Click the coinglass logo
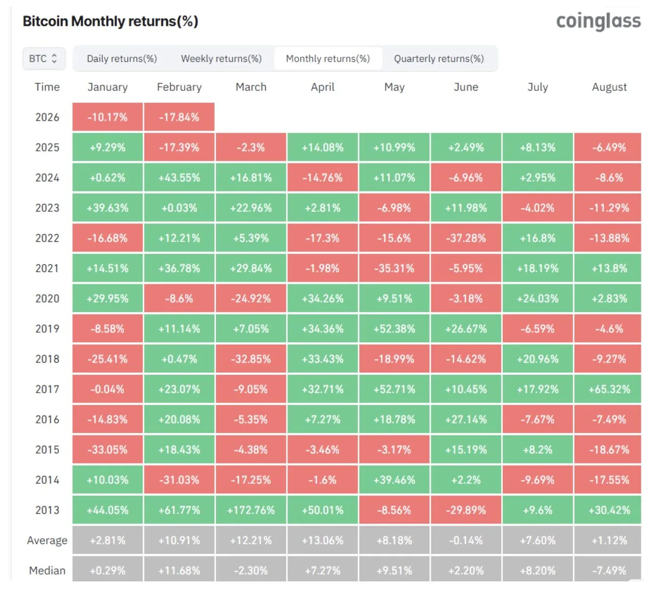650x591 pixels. pos(598,21)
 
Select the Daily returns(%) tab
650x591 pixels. pos(122,59)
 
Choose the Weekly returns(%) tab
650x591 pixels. pos(221,59)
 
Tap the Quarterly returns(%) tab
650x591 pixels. pos(439,59)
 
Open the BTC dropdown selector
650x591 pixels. pos(43,59)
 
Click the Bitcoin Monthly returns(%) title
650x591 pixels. pos(110,21)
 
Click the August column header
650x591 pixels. pos(609,87)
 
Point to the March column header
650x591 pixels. pos(251,87)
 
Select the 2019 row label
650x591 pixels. pos(47,329)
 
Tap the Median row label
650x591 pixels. pos(47,571)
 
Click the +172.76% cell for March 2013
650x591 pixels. pos(251,510)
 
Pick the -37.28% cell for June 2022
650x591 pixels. pos(466,238)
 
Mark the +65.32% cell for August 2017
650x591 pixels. pos(609,389)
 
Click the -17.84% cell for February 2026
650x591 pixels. pos(179,117)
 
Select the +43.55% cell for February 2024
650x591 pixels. pos(179,178)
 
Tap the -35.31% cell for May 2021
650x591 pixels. pos(394,269)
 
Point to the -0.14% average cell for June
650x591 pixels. pos(466,540)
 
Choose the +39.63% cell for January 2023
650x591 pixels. pos(108,208)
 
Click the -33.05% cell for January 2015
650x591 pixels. pos(108,450)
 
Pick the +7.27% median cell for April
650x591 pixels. pos(322,571)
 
